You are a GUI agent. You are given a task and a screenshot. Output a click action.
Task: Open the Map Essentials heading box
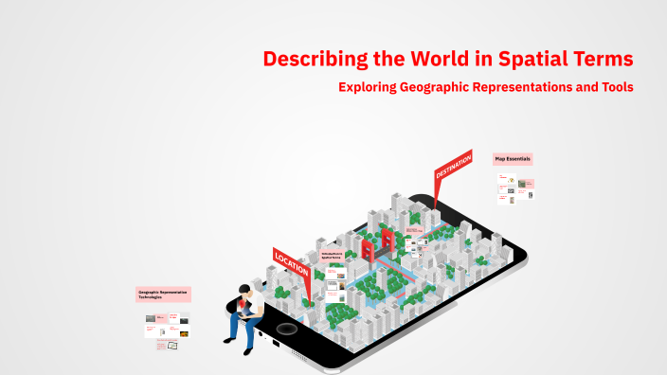click(513, 159)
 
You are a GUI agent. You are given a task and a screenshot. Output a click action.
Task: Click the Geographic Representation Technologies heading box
click(164, 295)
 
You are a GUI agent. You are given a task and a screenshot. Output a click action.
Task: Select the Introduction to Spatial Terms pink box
click(332, 256)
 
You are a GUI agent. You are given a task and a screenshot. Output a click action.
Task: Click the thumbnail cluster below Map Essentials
click(515, 187)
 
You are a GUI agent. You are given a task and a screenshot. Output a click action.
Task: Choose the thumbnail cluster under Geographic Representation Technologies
click(167, 329)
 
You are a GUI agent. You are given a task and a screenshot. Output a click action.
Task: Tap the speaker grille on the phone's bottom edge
click(300, 355)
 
